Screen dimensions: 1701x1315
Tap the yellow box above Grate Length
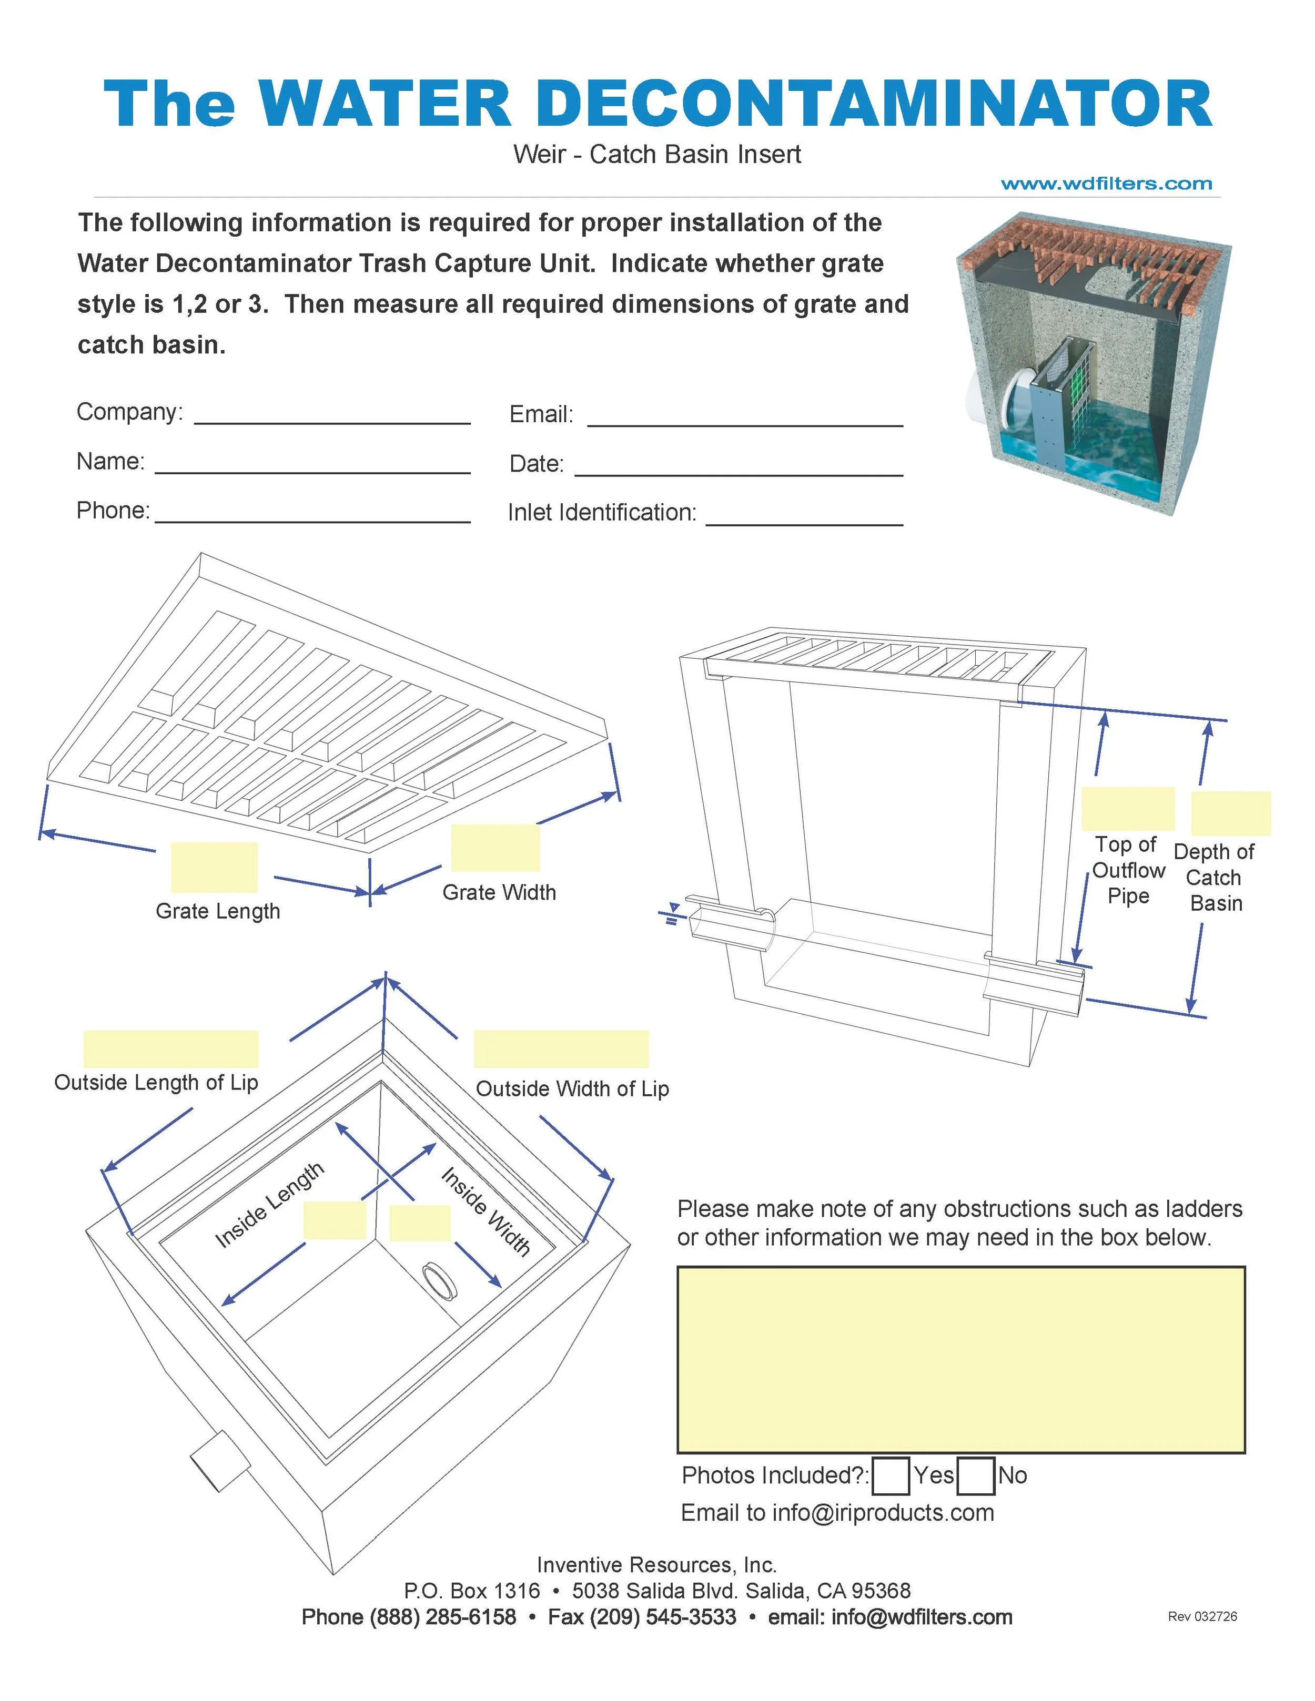214,867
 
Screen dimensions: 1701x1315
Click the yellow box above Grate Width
495,848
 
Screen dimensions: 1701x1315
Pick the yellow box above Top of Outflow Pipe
1128,809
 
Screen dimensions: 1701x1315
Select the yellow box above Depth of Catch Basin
1231,813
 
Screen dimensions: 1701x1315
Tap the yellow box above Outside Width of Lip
561,1048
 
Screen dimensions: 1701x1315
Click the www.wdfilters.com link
1106,184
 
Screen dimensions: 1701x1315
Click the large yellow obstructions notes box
960,1359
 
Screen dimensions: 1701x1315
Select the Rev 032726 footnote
1202,1616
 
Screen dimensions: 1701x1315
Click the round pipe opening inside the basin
439,1281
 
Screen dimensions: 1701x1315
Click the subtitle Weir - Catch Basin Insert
657,154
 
